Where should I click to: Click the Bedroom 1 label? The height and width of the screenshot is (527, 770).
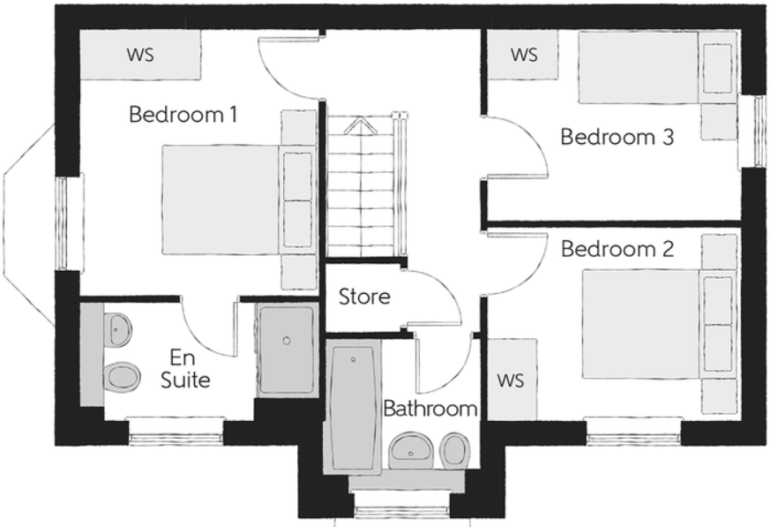point(183,115)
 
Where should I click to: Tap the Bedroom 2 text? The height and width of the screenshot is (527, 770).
point(617,249)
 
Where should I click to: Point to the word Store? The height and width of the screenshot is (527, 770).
point(364,297)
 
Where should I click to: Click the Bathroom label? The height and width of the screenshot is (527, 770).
point(430,410)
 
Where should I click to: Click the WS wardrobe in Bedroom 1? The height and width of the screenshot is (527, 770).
point(140,55)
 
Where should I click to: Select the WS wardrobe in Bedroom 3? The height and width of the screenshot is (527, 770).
point(524,55)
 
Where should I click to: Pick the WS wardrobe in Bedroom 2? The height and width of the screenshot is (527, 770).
point(511,380)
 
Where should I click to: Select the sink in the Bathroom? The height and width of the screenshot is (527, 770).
point(410,450)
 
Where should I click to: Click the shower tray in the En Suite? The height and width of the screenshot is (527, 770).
point(287,350)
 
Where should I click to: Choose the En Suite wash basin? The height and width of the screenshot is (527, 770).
point(118,331)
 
